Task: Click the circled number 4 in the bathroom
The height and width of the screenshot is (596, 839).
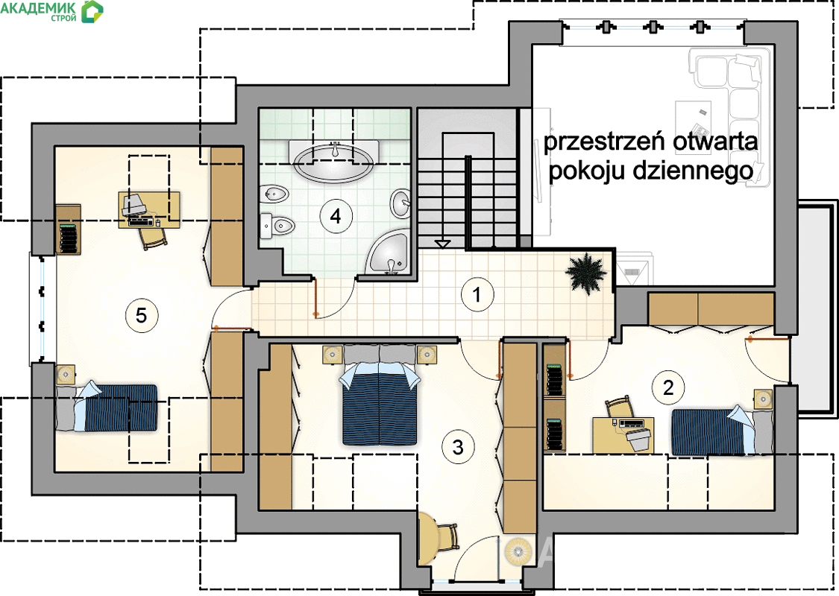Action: [336, 216]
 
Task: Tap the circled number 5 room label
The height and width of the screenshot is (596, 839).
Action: [141, 315]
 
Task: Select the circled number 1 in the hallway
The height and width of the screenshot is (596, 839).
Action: [477, 294]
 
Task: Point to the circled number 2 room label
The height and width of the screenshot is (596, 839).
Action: [667, 387]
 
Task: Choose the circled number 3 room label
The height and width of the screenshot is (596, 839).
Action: [458, 447]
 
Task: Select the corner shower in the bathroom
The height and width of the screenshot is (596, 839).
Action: [389, 253]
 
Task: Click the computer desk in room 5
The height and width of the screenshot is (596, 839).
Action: [148, 209]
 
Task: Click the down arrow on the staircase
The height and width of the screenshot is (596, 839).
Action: [442, 244]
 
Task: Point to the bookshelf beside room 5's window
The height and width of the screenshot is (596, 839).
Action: [69, 229]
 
